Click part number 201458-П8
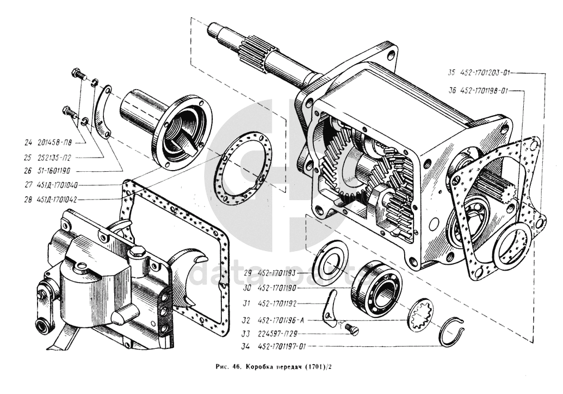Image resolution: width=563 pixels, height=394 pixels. click(x=54, y=143)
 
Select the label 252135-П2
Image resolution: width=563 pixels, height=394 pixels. click(x=54, y=157)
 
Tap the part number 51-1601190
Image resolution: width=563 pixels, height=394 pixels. click(x=53, y=171)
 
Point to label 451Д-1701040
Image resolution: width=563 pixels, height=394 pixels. click(x=57, y=185)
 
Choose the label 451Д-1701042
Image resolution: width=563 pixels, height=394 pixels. click(x=57, y=199)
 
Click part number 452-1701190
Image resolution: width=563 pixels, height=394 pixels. click(x=277, y=288)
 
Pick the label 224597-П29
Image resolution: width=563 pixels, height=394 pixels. click(x=277, y=334)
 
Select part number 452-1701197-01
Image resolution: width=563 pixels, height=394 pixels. click(x=282, y=346)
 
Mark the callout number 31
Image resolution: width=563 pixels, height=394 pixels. click(x=246, y=304)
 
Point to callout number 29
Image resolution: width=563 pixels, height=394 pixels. click(x=246, y=273)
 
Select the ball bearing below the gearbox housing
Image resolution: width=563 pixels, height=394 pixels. click(x=376, y=286)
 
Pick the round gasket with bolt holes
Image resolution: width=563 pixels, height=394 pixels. click(x=244, y=168)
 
